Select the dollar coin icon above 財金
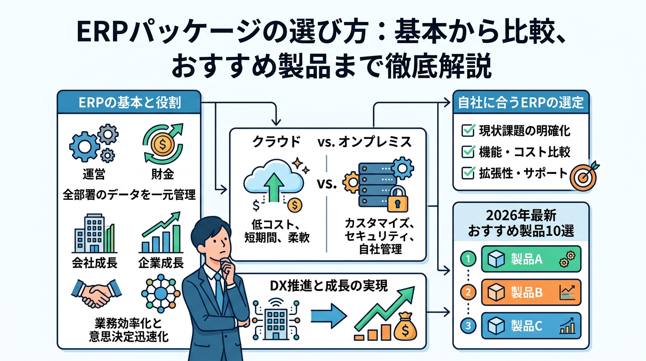(x=161, y=143)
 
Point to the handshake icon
(x=96, y=294)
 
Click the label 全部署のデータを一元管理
(x=129, y=195)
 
